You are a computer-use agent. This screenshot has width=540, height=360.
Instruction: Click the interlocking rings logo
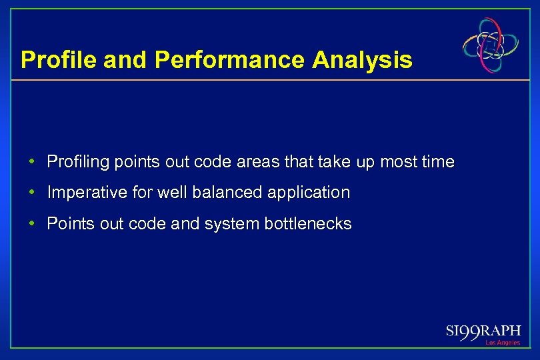point(491,44)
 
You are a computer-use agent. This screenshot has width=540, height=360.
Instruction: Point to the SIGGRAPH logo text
point(483,331)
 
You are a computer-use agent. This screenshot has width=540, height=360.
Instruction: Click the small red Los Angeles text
point(503,343)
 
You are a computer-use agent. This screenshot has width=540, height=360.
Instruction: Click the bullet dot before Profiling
point(32,162)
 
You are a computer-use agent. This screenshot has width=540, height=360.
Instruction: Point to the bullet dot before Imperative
point(32,193)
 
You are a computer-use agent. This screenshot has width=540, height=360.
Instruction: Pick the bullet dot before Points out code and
point(32,224)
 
